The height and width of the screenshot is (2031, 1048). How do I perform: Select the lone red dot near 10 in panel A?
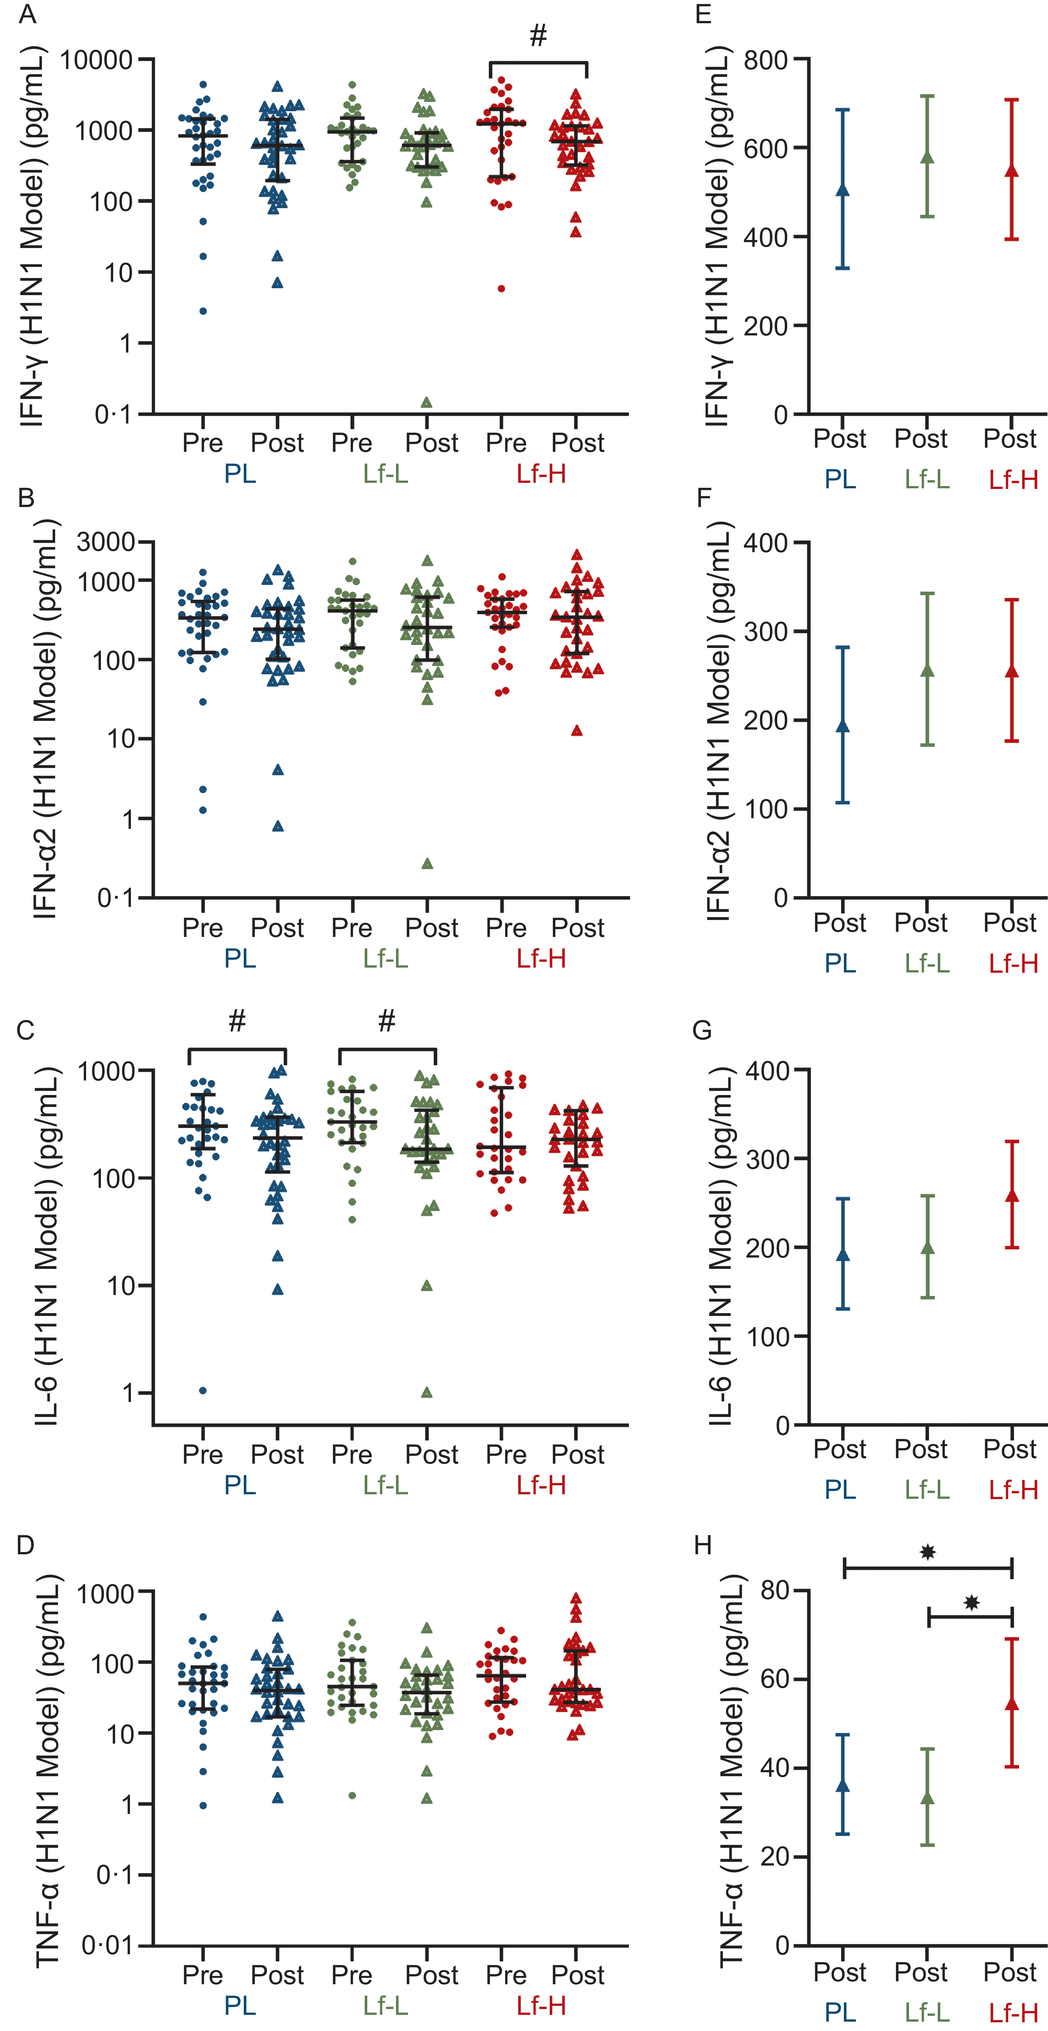[x=501, y=289]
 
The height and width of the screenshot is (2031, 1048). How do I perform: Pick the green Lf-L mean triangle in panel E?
[x=927, y=158]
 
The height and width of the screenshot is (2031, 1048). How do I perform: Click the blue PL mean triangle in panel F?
[x=842, y=725]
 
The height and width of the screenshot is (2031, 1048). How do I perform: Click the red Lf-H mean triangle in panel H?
[x=1012, y=1704]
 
